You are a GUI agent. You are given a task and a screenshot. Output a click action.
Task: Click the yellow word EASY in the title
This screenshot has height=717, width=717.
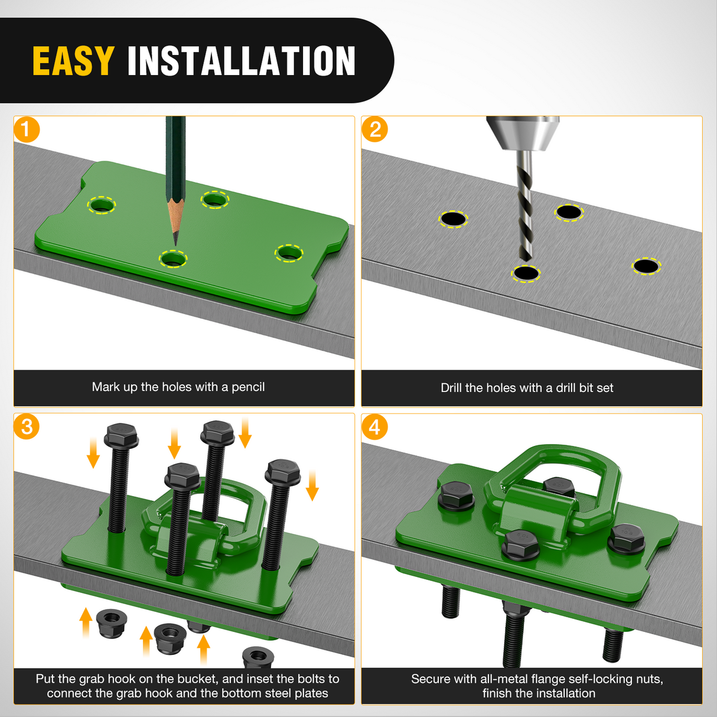(x=73, y=61)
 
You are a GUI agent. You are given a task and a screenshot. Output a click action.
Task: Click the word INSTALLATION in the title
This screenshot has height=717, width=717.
(x=242, y=61)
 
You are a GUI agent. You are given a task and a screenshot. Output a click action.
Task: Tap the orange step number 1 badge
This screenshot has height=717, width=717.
(x=27, y=129)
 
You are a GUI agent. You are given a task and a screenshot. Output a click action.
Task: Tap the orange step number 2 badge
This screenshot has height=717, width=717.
(x=374, y=129)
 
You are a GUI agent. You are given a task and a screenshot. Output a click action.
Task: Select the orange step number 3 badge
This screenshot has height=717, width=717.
(x=27, y=427)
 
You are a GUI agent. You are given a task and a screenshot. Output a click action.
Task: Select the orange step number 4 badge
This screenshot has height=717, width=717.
(x=374, y=427)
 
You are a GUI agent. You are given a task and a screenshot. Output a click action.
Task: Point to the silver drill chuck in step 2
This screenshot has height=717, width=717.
(x=523, y=133)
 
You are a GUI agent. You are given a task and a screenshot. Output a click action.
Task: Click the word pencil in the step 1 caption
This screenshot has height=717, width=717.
(x=248, y=387)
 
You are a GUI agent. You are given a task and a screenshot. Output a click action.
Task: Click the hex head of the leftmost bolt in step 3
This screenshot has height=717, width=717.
(x=121, y=435)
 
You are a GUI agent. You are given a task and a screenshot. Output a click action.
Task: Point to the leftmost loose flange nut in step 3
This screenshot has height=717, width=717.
(x=112, y=623)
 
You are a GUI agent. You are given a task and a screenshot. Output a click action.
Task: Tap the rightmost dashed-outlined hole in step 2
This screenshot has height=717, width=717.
(x=647, y=266)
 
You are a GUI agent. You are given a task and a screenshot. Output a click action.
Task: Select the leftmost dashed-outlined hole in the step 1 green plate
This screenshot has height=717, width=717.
(x=101, y=205)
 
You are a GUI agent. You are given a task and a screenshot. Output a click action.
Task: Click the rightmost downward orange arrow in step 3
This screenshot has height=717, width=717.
(x=312, y=485)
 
